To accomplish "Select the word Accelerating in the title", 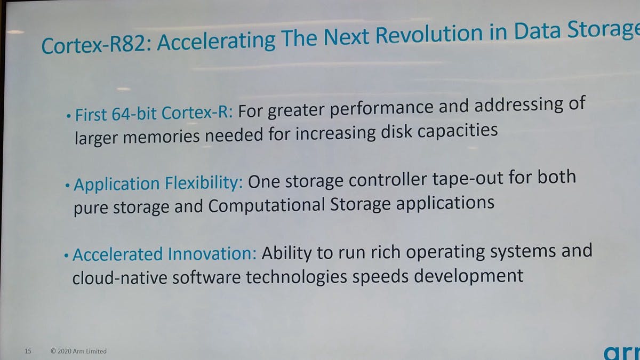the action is click(216, 42).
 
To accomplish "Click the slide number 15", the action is click(28, 351).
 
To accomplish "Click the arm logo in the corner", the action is click(621, 353).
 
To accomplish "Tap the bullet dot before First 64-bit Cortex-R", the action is click(68, 116).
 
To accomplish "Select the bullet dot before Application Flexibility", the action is click(67, 186).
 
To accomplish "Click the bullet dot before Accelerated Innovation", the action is click(66, 255).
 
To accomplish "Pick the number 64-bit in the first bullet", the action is click(134, 113).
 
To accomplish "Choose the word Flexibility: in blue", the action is click(204, 183).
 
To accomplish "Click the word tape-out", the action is click(468, 179).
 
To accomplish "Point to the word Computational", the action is click(267, 205).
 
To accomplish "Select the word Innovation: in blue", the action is click(212, 253).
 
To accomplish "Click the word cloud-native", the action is click(119, 277).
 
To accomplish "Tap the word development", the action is click(469, 276).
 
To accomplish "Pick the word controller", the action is click(388, 181).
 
